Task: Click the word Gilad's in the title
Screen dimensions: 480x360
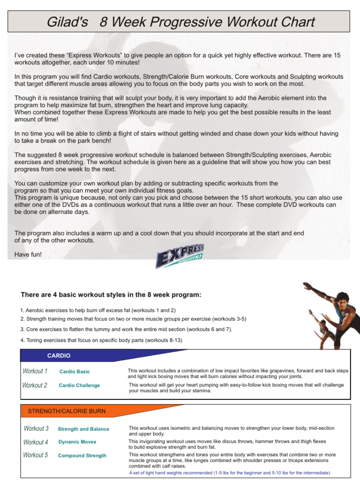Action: point(69,22)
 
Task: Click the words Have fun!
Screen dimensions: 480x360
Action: point(28,255)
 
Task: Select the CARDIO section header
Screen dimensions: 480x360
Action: point(59,356)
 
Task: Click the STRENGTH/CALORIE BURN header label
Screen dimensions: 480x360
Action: point(67,411)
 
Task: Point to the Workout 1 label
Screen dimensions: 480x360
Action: point(35,371)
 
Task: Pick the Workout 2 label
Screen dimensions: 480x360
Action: point(35,385)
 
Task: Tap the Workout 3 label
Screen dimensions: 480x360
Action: point(36,428)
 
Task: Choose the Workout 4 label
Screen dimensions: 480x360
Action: point(36,442)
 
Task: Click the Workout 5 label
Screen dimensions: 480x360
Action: point(36,455)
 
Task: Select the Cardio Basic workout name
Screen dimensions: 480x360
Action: point(75,372)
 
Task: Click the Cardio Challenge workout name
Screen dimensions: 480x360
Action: point(79,385)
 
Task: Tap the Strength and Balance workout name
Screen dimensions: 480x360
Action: point(83,429)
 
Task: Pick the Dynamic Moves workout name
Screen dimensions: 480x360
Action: point(77,442)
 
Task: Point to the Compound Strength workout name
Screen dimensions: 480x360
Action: point(82,456)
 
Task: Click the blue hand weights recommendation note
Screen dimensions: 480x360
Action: point(229,472)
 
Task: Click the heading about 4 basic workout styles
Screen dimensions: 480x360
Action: point(111,295)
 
